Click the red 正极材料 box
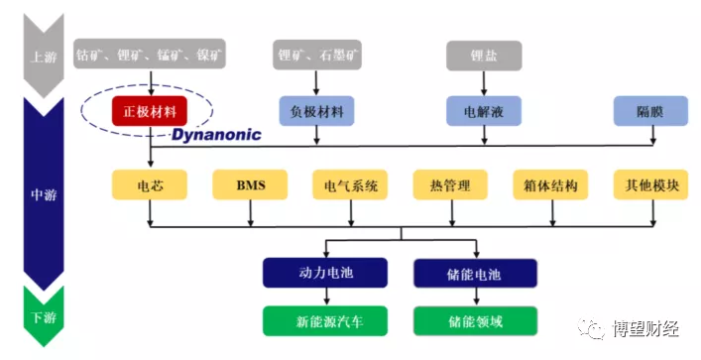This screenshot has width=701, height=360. click(149, 110)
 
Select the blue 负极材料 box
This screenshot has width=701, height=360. click(317, 110)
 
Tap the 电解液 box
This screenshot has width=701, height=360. click(485, 110)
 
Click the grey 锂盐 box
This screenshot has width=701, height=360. click(485, 55)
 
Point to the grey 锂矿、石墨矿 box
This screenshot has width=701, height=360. click(317, 55)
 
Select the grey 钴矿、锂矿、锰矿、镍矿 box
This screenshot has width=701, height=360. click(149, 55)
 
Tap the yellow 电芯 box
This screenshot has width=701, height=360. click(149, 184)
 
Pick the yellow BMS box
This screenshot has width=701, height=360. click(250, 184)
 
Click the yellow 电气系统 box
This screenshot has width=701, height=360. click(350, 184)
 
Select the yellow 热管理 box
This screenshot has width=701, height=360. click(451, 184)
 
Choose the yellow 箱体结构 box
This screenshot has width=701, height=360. click(551, 184)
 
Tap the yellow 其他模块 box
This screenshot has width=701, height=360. click(651, 184)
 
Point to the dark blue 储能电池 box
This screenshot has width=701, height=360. click(475, 273)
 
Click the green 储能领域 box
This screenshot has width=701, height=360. click(475, 321)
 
